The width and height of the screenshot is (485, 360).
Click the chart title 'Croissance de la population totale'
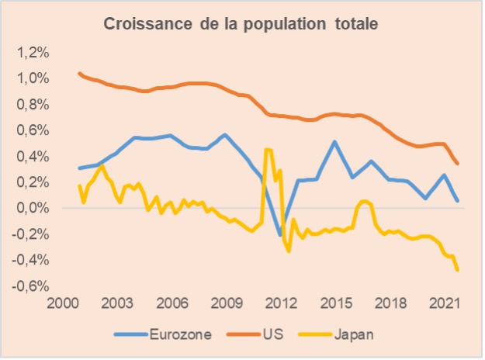tap(241, 25)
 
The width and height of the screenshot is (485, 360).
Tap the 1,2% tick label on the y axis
tap(33, 53)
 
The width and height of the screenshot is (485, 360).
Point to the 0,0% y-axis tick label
tap(33, 209)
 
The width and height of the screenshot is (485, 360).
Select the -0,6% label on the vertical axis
tap(32, 286)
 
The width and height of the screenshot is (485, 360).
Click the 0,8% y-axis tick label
tap(33, 105)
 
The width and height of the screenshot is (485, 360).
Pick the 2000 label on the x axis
tap(61, 303)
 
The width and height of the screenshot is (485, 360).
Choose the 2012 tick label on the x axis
tap(281, 303)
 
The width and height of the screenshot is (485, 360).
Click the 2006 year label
tap(171, 303)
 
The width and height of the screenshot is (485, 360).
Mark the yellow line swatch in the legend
tap(318, 334)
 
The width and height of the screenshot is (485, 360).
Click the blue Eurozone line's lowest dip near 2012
tap(281, 234)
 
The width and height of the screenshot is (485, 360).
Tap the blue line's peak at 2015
tap(334, 141)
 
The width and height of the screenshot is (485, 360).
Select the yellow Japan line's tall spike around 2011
tap(268, 149)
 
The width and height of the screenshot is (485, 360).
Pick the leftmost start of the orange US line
tap(79, 73)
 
